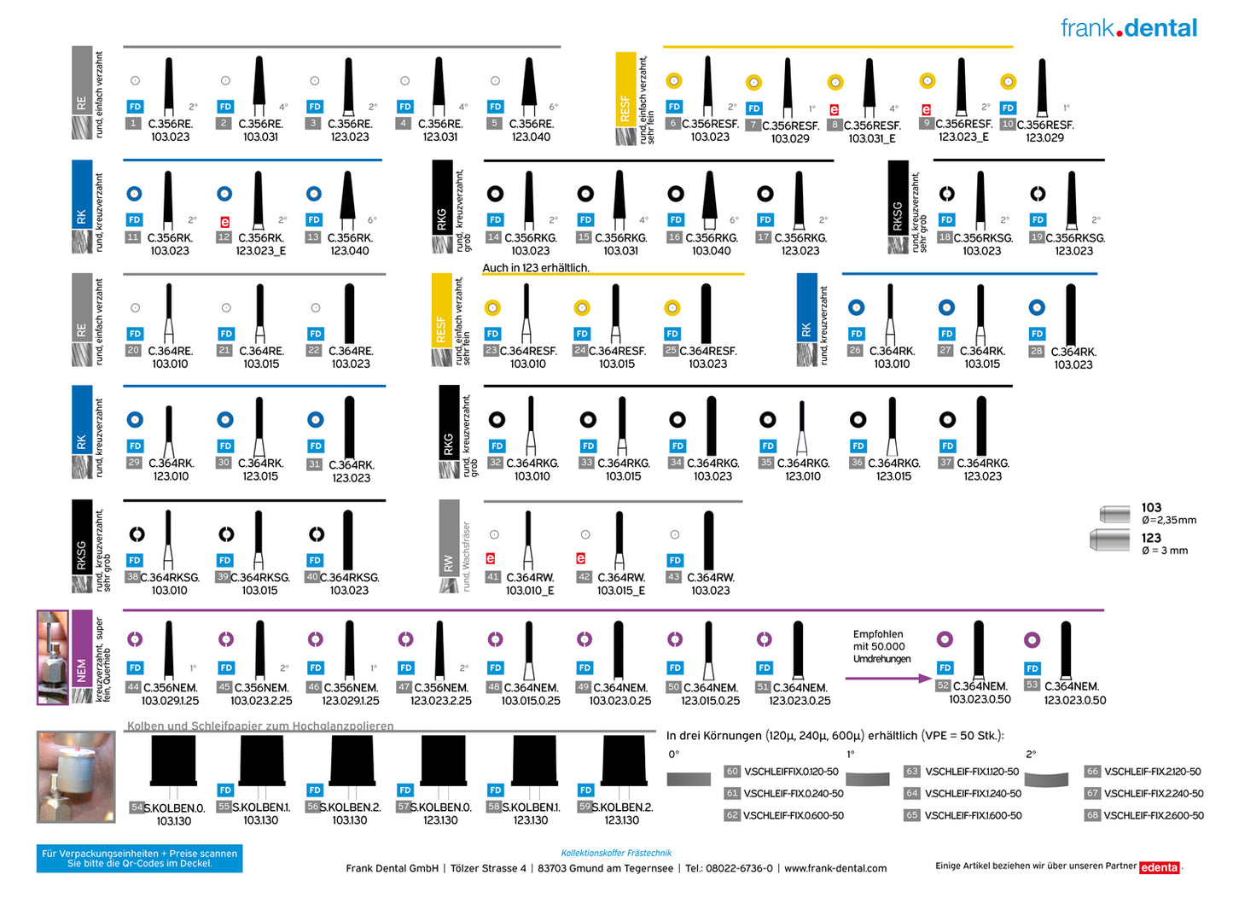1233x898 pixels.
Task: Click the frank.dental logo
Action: pos(1128,28)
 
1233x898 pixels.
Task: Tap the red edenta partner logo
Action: pos(1159,867)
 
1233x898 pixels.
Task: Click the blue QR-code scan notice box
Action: pos(139,858)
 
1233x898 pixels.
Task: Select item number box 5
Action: pos(494,124)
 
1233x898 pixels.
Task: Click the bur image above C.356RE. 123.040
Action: pos(529,86)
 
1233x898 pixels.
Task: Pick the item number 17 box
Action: pos(764,237)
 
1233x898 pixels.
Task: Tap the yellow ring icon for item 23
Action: pos(492,307)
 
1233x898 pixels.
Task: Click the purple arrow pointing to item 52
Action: pos(887,679)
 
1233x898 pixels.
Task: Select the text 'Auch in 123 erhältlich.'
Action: pos(536,268)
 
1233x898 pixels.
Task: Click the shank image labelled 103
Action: pos(1114,514)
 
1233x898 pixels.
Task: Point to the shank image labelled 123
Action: pos(1111,539)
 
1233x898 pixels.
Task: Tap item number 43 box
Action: pos(674,577)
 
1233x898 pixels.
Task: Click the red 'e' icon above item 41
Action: pos(491,558)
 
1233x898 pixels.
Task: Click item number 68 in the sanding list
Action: pos(1092,815)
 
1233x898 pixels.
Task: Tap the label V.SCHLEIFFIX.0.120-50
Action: pos(791,772)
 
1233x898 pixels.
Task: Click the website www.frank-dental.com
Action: pos(835,868)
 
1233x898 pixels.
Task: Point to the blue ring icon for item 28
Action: pos(1037,307)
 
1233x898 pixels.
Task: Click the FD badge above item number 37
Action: pos(948,446)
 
